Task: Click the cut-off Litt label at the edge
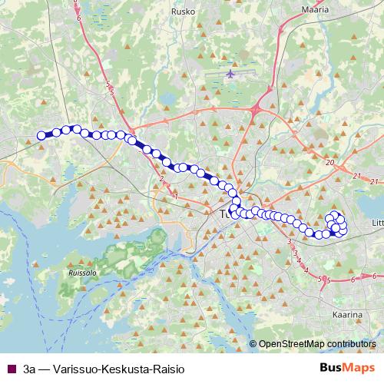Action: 376,223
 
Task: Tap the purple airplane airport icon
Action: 231,74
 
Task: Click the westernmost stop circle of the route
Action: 41,135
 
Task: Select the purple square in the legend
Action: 11,369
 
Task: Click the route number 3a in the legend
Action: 31,369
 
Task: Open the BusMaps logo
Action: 346,368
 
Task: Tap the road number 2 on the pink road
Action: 162,179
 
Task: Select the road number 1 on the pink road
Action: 176,197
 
